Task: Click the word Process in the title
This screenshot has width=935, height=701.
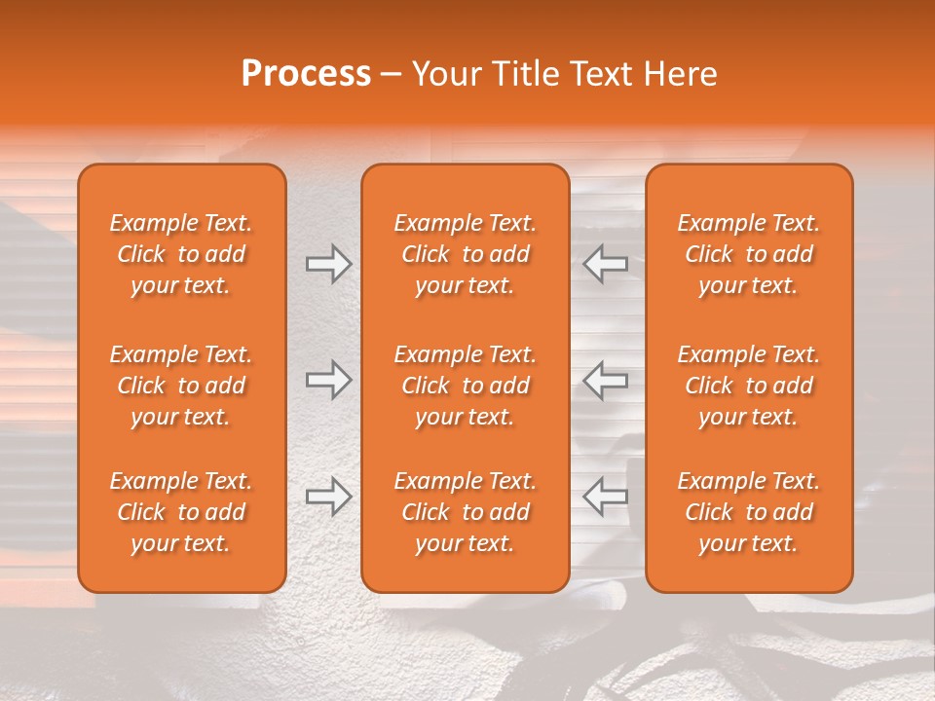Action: coord(306,74)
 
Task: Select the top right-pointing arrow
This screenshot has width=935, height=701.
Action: coord(328,264)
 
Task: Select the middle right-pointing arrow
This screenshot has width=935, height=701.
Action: coord(328,380)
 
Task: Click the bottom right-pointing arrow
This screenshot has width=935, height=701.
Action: coord(328,497)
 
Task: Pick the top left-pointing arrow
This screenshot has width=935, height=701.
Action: coord(606,264)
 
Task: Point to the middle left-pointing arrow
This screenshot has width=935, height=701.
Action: coord(606,380)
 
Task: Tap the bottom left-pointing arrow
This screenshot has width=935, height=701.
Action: coord(606,497)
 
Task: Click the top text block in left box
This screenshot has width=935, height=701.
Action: coord(181,254)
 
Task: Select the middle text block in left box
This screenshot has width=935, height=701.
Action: coord(181,386)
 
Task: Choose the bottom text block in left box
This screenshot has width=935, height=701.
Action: coord(181,512)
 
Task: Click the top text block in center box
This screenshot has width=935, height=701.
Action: coord(466,254)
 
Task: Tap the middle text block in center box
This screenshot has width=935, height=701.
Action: coord(466,386)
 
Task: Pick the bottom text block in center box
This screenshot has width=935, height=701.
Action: coord(466,512)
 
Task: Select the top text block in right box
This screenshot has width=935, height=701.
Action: coord(749,254)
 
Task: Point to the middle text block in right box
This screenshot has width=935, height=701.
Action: coord(749,386)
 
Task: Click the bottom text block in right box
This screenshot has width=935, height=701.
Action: coord(749,512)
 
